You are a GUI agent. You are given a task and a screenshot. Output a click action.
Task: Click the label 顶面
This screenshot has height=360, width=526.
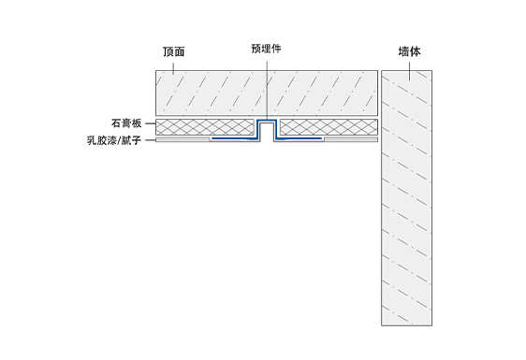[174, 51]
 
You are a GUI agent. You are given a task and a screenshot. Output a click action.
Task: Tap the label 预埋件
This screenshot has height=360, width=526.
[267, 49]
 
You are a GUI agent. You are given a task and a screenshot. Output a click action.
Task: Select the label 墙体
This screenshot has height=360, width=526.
[409, 51]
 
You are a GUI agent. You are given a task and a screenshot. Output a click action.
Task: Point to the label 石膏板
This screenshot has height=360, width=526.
[126, 123]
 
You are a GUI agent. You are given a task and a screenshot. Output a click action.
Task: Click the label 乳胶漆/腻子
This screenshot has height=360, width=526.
[114, 140]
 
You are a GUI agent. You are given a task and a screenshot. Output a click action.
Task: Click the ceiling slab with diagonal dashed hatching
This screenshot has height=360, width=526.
[267, 93]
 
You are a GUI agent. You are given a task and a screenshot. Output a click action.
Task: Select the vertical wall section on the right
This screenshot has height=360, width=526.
[406, 197]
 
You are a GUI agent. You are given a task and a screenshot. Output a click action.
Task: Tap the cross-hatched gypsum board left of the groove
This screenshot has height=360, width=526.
[205, 127]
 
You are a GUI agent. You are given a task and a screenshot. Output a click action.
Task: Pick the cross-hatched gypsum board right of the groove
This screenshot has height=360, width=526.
[329, 127]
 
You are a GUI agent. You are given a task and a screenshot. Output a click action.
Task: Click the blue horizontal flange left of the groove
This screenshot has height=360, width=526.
[235, 138]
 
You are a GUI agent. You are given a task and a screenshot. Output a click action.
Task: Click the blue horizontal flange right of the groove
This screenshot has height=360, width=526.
[299, 138]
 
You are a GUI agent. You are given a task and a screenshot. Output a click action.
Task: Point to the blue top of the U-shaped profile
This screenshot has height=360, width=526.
[267, 121]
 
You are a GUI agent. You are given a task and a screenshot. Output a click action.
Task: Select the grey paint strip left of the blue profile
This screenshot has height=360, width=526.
[183, 139]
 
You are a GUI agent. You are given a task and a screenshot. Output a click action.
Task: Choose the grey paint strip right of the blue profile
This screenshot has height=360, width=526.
[351, 139]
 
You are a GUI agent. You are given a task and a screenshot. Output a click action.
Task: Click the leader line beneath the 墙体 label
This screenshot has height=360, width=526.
[409, 71]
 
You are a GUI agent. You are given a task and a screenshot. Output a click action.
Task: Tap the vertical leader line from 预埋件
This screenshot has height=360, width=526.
[267, 90]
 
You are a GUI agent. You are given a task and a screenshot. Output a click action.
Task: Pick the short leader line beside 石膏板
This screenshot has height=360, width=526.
[150, 123]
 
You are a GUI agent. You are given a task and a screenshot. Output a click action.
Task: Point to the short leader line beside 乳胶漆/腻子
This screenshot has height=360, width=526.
[150, 139]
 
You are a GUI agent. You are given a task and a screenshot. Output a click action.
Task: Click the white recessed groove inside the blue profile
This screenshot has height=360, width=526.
[267, 132]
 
